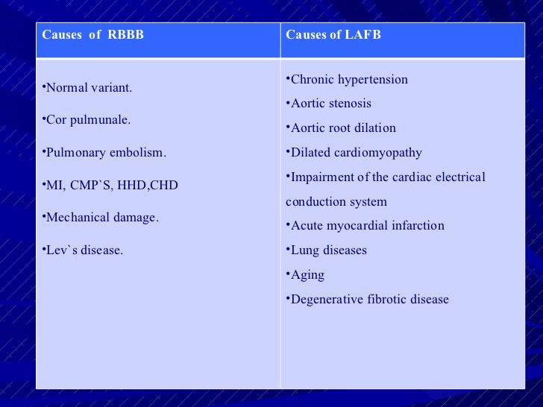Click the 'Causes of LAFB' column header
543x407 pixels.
(333, 35)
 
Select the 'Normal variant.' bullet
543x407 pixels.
(89, 88)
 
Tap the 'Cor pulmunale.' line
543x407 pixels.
(88, 120)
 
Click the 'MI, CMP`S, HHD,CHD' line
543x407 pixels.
(112, 185)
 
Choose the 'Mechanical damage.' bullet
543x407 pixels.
(102, 218)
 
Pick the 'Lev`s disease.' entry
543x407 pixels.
(84, 250)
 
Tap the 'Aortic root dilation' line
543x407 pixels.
(343, 128)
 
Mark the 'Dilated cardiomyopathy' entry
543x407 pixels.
(356, 153)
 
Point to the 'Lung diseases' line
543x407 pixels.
(328, 250)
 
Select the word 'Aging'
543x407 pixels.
(307, 275)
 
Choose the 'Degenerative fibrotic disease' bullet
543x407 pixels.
(369, 300)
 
